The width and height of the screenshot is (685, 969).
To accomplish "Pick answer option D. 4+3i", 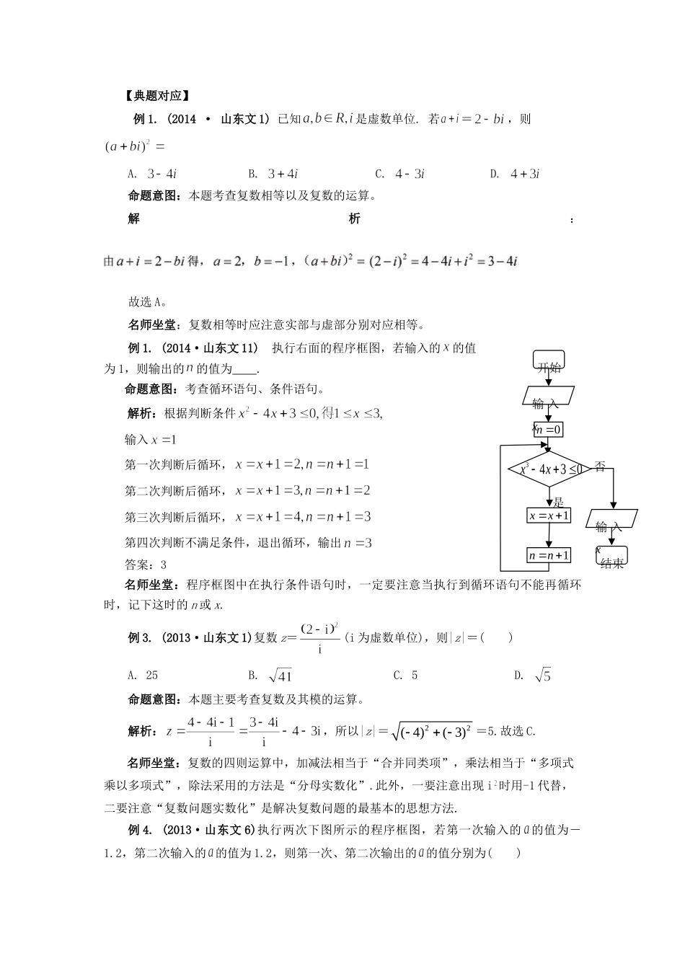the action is tap(515, 174).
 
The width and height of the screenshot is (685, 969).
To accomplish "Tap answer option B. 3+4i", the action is tap(273, 174).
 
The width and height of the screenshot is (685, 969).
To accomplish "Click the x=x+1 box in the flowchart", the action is tap(549, 516).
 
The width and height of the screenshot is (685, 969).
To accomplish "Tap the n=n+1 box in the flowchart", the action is tap(549, 555).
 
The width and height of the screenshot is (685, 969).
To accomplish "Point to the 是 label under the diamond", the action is tap(557, 503).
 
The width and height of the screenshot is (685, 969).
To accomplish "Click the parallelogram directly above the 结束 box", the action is tap(612, 521).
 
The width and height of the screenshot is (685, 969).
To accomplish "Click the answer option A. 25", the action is tap(143, 676).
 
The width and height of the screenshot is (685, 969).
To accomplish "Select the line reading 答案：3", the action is tap(146, 565).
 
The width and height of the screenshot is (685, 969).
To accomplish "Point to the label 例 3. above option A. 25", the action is tap(139, 637).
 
